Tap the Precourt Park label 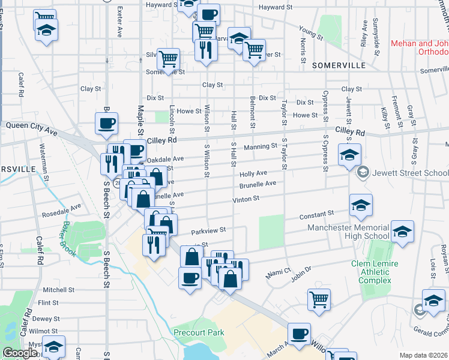click(198, 332)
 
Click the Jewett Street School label click(409, 173)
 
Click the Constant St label click(318, 214)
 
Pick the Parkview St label click(208, 230)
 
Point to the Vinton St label click(246, 199)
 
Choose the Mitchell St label click(58, 289)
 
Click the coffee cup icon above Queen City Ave click(106, 124)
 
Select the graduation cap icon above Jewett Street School click(349, 155)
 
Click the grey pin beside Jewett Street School click(363, 173)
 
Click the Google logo click(20, 353)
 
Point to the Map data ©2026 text click(423, 355)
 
